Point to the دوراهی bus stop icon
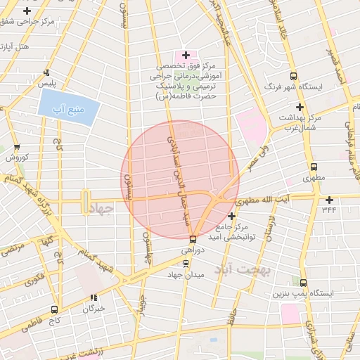[x=193, y=239]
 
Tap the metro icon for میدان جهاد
[x=186, y=264]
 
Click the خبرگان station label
[x=94, y=308]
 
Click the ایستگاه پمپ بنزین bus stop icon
[x=303, y=282]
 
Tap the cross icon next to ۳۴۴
[x=329, y=200]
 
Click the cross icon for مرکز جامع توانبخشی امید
[x=231, y=216]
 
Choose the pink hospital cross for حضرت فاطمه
[x=186, y=55]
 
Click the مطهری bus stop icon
[x=314, y=167]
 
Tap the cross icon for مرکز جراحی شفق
[x=27, y=11]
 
